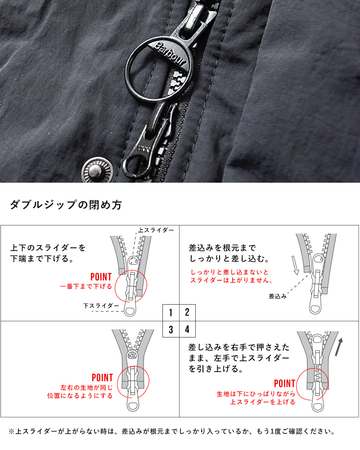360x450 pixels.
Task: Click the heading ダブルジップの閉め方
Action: coord(65,205)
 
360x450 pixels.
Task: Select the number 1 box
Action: coord(171,312)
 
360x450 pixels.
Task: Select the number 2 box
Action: coord(188,312)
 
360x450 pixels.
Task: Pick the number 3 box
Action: coord(171,329)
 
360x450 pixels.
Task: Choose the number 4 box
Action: coord(188,329)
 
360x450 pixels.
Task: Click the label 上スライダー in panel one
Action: coord(156,230)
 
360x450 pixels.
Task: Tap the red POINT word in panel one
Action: coord(101,277)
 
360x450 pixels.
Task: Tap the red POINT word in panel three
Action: coord(102,378)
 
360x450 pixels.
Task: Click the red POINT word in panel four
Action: coord(284,384)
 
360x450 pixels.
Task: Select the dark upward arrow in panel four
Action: coord(339,346)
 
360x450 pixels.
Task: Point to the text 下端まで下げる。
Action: coord(42,259)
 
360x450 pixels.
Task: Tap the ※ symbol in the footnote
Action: coord(11,432)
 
